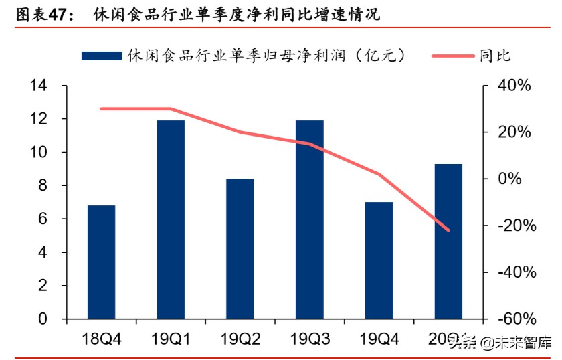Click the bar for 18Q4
point(102,262)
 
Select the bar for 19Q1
point(171,219)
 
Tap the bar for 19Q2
point(240,248)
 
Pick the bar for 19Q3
point(310,219)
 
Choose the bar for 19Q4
point(379,260)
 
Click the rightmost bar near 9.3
point(448,241)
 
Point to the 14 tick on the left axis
point(38,86)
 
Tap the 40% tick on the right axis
point(515,86)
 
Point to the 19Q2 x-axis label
point(240,339)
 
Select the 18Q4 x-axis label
point(102,339)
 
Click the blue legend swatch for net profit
point(102,56)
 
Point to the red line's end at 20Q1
point(448,230)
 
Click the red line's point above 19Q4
point(379,174)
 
